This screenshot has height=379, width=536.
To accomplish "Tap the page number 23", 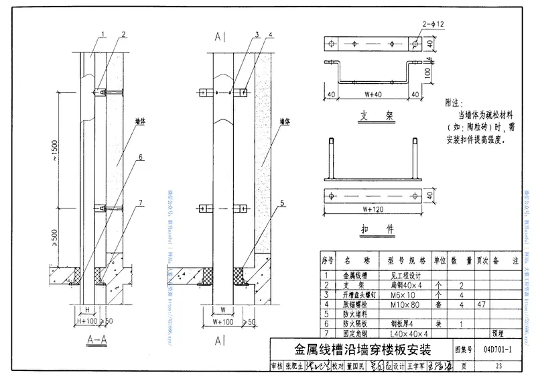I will [498, 366].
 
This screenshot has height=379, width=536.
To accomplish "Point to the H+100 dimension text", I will [88, 320].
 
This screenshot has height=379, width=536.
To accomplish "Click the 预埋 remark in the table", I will [497, 333].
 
